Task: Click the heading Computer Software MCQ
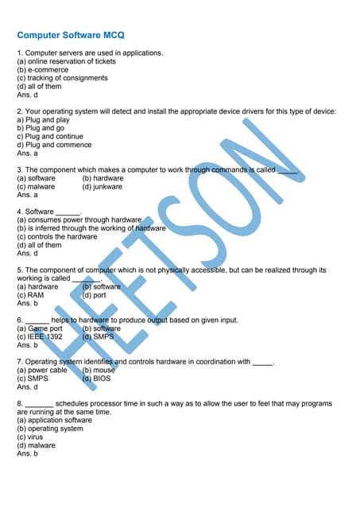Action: coord(71,36)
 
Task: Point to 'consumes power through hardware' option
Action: coord(79,220)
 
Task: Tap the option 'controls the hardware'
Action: coord(56,237)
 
